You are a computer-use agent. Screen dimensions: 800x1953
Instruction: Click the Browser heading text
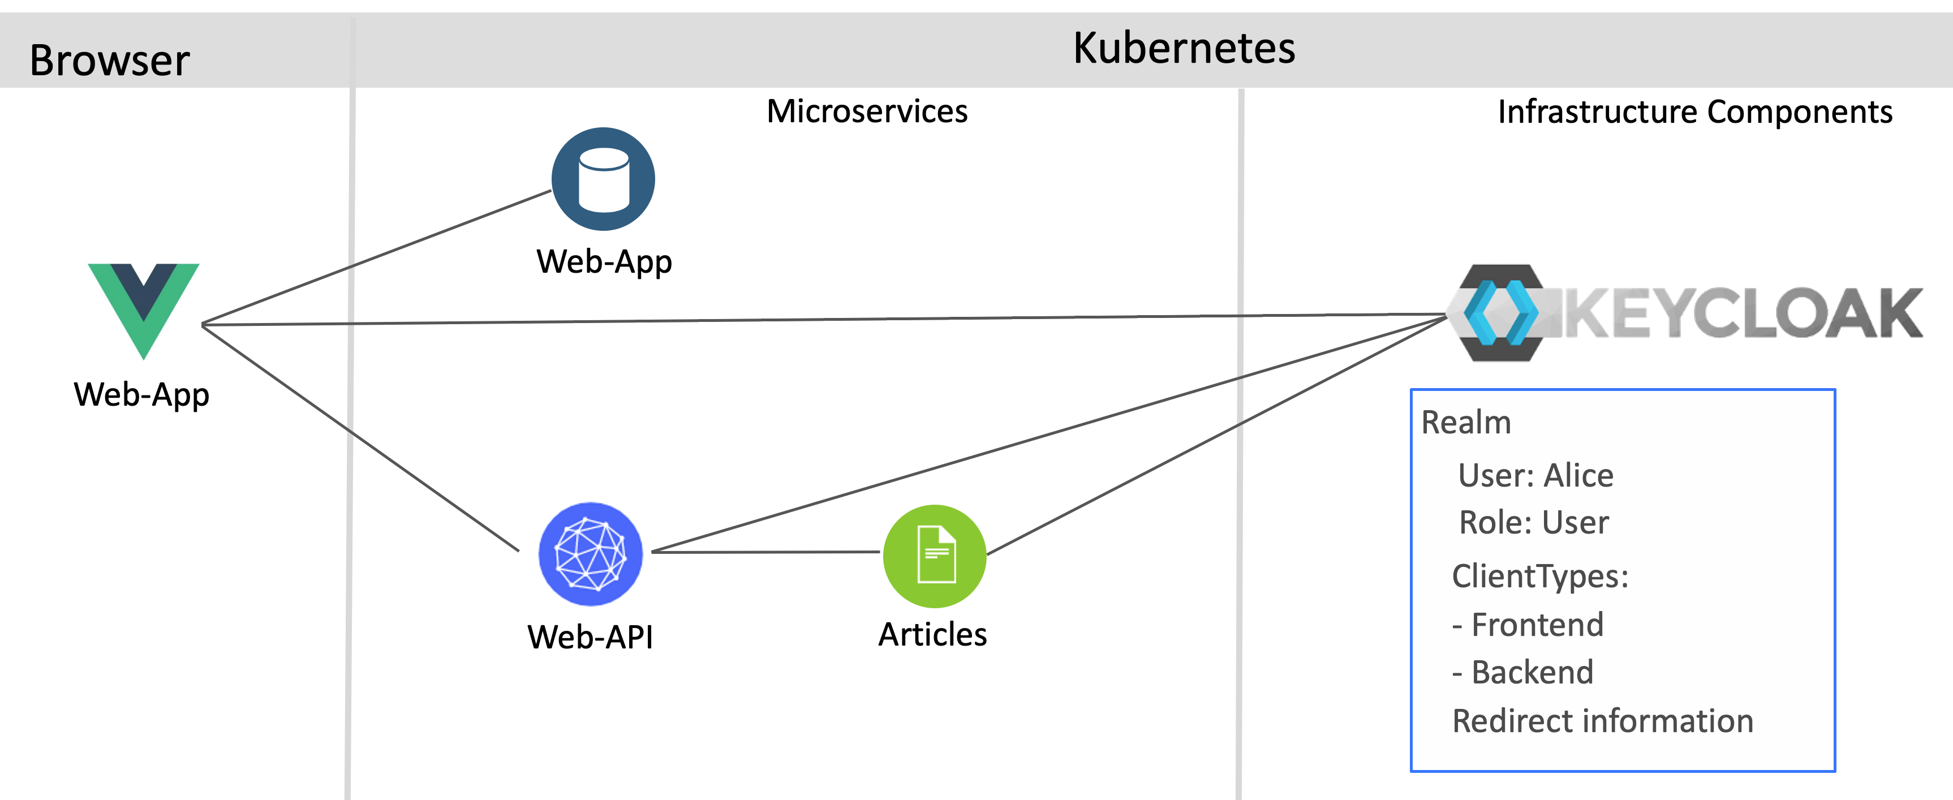[x=109, y=61]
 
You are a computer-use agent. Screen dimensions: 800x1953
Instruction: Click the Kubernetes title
[x=1184, y=49]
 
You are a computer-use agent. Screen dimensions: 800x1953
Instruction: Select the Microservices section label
[x=867, y=111]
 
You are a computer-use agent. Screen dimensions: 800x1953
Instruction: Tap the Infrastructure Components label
[x=1694, y=112]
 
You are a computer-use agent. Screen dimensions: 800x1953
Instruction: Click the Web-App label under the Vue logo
[x=142, y=395]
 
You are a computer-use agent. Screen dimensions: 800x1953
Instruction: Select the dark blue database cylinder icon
[x=604, y=179]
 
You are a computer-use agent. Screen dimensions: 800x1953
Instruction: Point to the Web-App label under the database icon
[x=604, y=261]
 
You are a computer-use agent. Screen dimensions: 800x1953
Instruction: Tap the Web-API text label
[x=591, y=636]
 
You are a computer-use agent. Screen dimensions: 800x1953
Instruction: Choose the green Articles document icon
[x=935, y=556]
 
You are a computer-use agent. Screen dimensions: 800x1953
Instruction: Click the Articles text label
[x=932, y=634]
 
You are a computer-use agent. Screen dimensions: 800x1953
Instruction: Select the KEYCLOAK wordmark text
[x=1744, y=314]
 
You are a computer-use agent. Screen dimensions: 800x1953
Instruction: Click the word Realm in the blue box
[x=1465, y=423]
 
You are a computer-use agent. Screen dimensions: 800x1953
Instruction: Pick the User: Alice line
[x=1535, y=475]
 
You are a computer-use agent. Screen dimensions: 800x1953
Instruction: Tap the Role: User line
[x=1533, y=522]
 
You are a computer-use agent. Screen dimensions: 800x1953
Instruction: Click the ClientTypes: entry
[x=1540, y=577]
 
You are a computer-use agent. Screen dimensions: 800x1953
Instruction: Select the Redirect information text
[x=1602, y=721]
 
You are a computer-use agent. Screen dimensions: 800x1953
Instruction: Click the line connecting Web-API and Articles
[x=765, y=552]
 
